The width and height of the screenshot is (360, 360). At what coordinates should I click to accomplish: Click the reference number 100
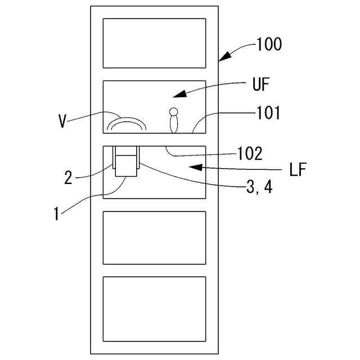(x=268, y=44)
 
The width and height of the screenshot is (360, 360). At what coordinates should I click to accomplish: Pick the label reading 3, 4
(x=259, y=188)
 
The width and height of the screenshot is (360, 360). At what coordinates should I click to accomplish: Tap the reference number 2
(x=68, y=179)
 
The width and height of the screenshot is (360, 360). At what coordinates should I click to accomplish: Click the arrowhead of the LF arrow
(x=192, y=166)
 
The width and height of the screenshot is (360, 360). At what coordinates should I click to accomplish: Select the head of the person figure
(x=174, y=111)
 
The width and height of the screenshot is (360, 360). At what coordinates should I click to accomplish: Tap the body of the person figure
(x=174, y=124)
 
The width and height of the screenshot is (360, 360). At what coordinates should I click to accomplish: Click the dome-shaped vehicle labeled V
(x=127, y=123)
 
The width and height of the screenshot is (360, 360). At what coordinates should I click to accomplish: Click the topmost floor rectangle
(x=154, y=43)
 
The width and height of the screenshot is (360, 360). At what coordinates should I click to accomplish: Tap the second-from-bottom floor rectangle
(x=154, y=237)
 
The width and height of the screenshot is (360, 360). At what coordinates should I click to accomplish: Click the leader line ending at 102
(x=202, y=153)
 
